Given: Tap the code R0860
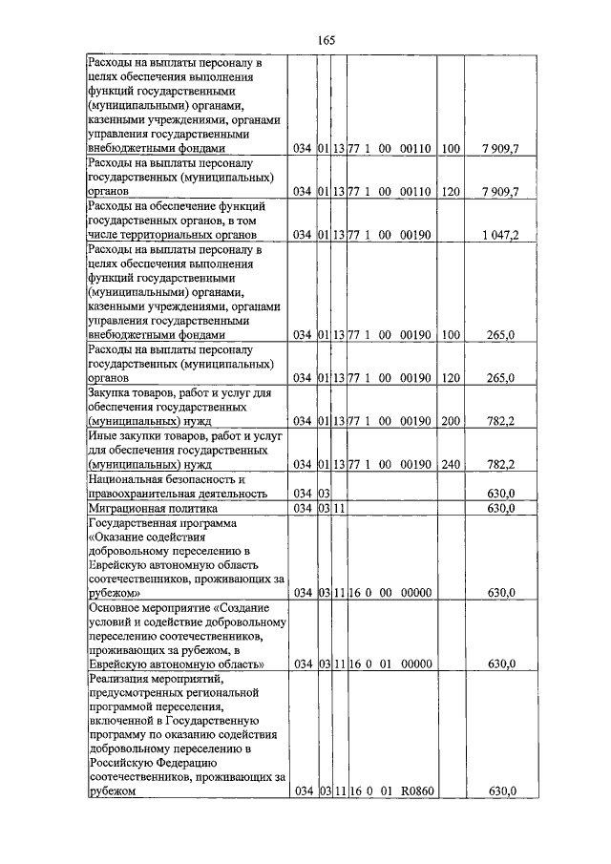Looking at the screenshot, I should pyautogui.click(x=416, y=791).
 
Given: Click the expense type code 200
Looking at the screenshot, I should pyautogui.click(x=451, y=421).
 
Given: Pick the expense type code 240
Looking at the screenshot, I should pyautogui.click(x=451, y=465).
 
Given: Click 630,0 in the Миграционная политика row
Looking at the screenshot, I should pyautogui.click(x=501, y=509).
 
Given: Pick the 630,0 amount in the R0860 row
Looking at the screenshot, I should pyautogui.click(x=501, y=791).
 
